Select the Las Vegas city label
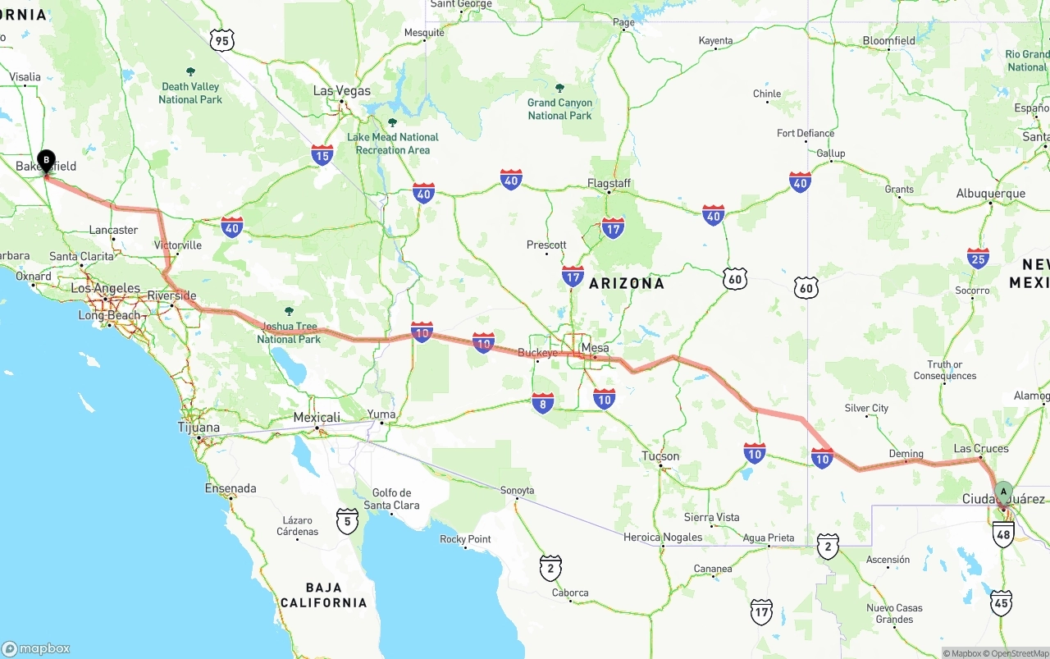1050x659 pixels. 342,91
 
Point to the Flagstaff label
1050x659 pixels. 609,184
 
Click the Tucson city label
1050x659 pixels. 660,456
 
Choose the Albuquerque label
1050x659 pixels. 990,194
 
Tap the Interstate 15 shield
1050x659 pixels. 322,154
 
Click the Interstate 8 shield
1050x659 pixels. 542,402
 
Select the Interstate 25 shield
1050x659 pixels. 978,259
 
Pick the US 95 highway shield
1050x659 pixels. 222,39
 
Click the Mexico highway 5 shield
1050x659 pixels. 347,520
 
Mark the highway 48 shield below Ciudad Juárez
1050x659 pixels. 1003,535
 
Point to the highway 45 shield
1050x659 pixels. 1001,603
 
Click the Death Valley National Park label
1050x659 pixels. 190,93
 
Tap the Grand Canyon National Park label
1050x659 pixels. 559,109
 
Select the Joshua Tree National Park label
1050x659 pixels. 289,332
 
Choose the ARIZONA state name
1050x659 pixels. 627,283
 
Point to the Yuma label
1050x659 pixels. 381,414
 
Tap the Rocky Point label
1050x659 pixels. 465,539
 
